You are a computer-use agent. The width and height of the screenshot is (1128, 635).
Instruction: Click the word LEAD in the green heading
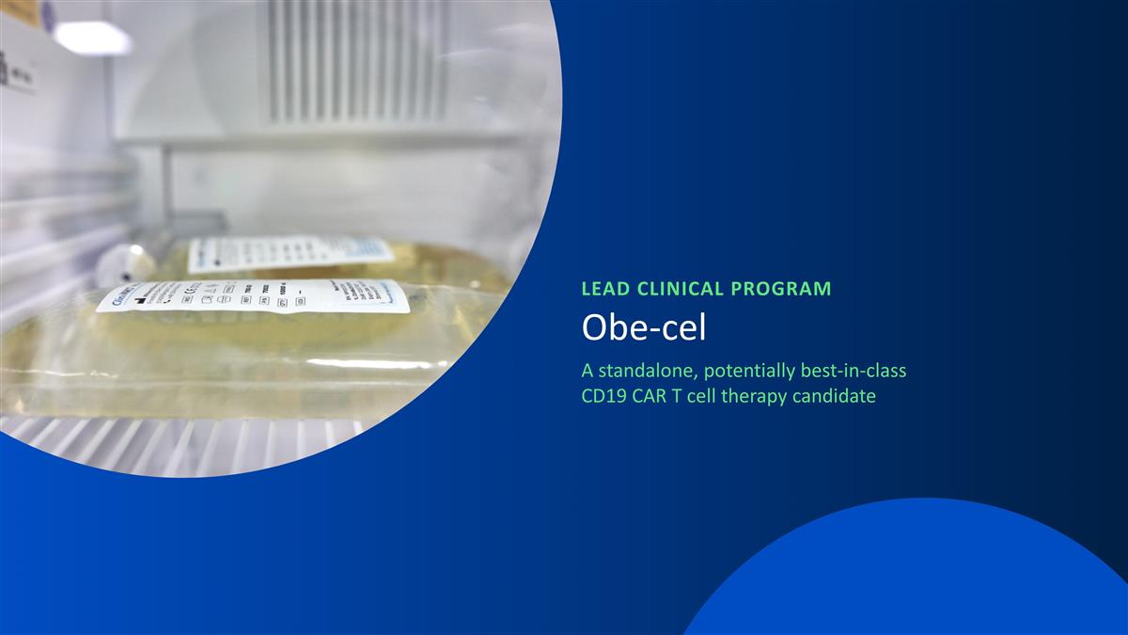[603, 289]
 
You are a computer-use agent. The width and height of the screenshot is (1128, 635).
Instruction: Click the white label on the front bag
[254, 295]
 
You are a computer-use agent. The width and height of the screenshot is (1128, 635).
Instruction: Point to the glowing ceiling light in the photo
[91, 38]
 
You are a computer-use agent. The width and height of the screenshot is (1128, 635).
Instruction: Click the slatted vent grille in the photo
[357, 61]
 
